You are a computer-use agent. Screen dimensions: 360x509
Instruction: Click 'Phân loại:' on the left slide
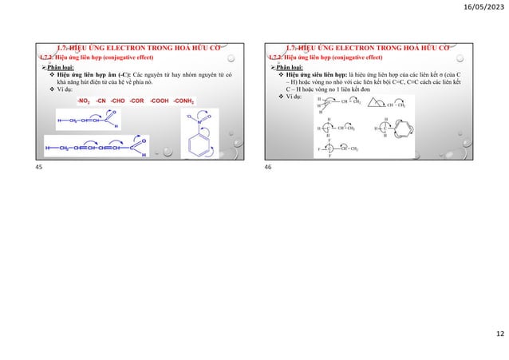[59, 69]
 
